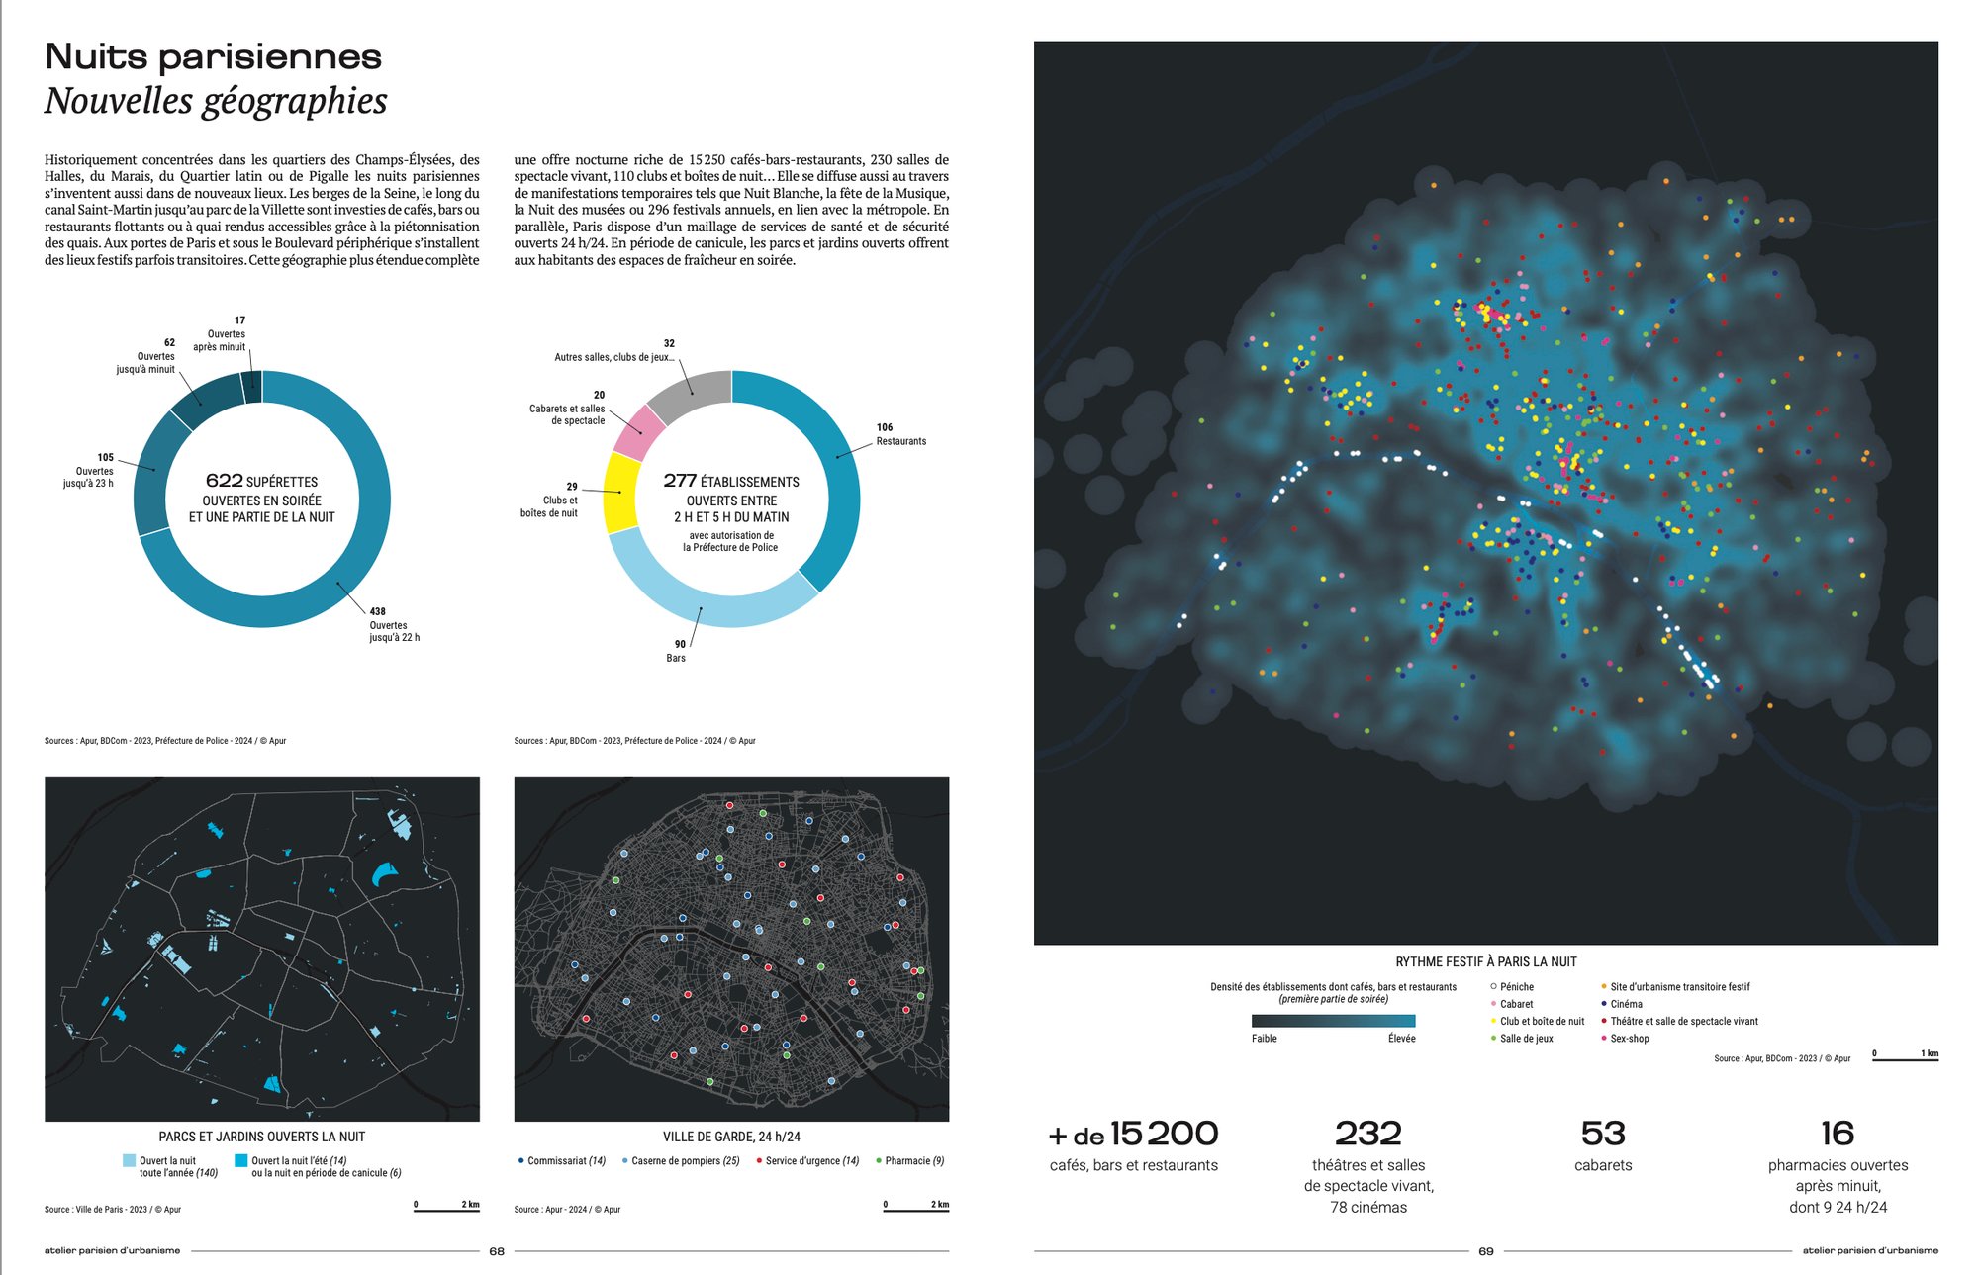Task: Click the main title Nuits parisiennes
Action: click(x=213, y=57)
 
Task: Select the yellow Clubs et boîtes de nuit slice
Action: click(x=622, y=493)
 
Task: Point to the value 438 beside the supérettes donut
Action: click(x=378, y=611)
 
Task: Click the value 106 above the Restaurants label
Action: click(x=884, y=427)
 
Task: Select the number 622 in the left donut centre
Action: click(x=225, y=481)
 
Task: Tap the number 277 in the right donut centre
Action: click(x=680, y=481)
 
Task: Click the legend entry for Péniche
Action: click(x=1516, y=986)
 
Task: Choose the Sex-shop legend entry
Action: click(x=1629, y=1039)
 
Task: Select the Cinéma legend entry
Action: click(x=1626, y=1004)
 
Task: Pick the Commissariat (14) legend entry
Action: click(x=565, y=1161)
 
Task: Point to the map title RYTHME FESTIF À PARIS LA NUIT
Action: click(x=1485, y=961)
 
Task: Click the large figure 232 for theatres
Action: click(x=1367, y=1134)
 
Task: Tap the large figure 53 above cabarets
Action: click(x=1602, y=1134)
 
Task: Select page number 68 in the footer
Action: click(x=497, y=1251)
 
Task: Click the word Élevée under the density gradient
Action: click(x=1401, y=1039)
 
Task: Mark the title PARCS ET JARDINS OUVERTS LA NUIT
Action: click(x=261, y=1138)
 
